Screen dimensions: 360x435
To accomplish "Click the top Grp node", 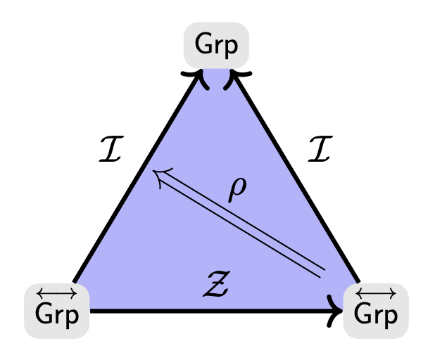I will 216,46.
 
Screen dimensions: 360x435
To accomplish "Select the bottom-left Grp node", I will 57,310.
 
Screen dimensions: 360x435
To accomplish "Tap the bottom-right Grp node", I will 375,310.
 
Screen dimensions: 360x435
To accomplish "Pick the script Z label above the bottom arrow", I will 215,285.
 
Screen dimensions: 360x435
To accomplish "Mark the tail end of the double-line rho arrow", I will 323,271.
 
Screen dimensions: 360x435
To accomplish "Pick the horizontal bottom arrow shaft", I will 211,311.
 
